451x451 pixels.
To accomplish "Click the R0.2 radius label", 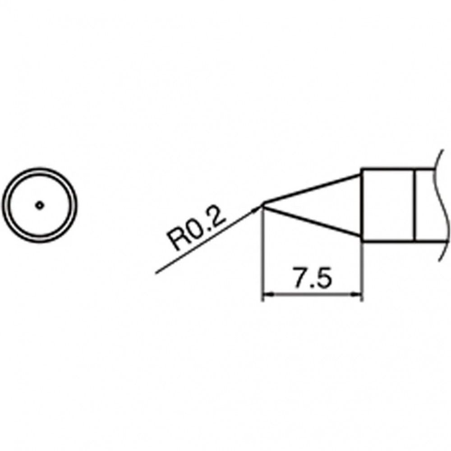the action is tap(196, 228).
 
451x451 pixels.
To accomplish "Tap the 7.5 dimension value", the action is tap(312, 278).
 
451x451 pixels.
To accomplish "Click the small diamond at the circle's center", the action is tap(40, 205).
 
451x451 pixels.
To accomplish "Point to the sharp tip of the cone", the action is tap(262, 205).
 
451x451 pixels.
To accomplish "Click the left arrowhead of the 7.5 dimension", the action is tap(268, 294).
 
